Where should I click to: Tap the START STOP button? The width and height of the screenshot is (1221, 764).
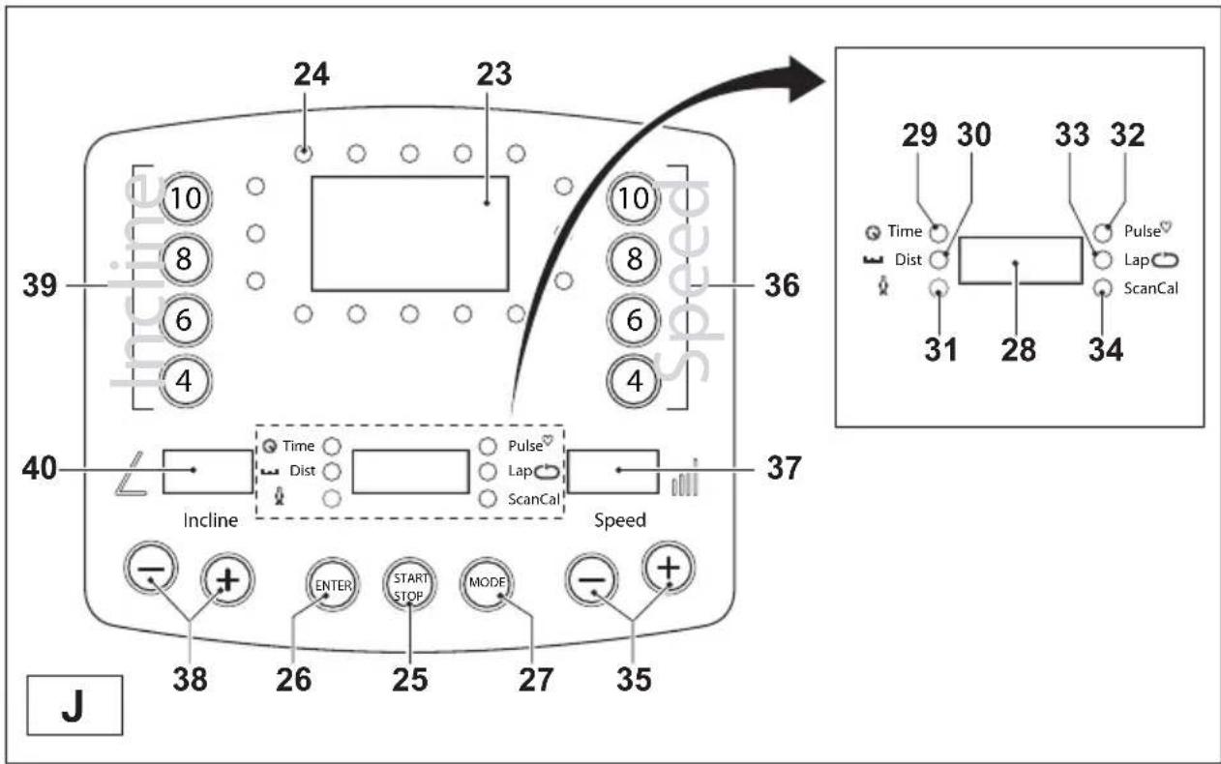[x=409, y=584]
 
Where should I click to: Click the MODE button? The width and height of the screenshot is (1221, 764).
[x=487, y=583]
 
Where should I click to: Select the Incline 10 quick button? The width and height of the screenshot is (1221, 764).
[x=186, y=198]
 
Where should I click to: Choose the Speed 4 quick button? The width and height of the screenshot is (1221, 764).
[x=634, y=381]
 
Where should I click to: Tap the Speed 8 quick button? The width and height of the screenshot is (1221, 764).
[x=634, y=259]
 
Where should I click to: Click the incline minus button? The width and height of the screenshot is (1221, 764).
[x=151, y=569]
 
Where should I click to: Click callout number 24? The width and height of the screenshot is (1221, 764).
[x=312, y=74]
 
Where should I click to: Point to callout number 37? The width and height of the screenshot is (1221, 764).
[x=784, y=467]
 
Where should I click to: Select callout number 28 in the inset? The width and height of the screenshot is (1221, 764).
[x=1018, y=349]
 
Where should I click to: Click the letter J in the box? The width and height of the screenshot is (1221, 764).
[x=73, y=706]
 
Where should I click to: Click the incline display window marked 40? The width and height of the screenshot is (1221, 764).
[x=208, y=472]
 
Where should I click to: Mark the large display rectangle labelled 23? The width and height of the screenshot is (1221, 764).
[x=410, y=233]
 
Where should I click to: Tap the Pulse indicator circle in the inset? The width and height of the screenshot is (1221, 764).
[x=1102, y=233]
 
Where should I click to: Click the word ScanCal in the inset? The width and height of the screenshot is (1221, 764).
[x=1150, y=288]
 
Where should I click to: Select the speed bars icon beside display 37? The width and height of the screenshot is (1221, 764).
[x=685, y=478]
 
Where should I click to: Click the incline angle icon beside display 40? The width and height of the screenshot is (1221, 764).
[x=131, y=474]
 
